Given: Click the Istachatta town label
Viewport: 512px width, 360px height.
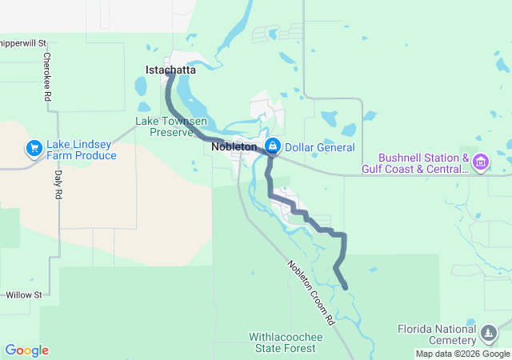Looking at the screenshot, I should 170,70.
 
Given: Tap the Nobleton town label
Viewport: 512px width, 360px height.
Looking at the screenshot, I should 234,147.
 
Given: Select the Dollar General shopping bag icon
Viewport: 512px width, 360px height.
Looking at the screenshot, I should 273,146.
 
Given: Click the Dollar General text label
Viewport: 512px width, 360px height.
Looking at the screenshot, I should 319,147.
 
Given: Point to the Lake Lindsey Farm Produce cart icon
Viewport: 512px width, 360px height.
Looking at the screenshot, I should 34,148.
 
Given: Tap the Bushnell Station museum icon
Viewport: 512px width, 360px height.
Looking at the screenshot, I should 481,163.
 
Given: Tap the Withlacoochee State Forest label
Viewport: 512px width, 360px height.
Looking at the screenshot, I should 286,342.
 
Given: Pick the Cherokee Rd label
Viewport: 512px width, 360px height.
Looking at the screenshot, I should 48,76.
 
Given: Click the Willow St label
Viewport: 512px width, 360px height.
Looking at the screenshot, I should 22,295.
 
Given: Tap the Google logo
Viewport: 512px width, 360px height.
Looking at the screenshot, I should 26,350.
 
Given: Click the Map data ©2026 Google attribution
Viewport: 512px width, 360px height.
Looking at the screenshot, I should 462,354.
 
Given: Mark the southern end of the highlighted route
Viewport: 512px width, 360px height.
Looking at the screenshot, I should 345,287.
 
